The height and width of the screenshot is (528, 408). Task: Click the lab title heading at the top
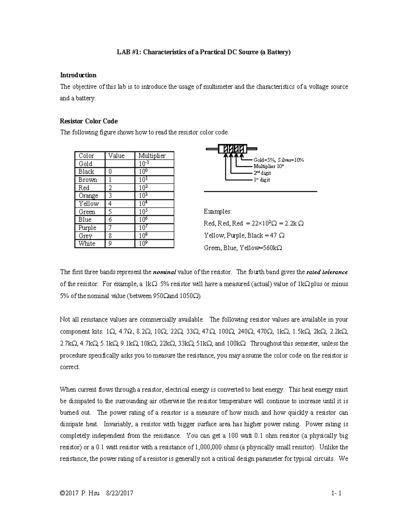[204, 52]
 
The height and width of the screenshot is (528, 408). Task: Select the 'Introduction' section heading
[78, 75]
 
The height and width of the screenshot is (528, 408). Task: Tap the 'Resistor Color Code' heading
[89, 121]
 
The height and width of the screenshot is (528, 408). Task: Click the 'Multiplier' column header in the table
[152, 156]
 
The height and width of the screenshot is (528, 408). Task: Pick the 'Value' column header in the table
[116, 156]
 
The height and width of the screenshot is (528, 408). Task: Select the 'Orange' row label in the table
[88, 196]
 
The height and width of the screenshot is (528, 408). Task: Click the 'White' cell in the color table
[87, 244]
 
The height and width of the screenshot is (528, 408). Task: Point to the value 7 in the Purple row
[110, 228]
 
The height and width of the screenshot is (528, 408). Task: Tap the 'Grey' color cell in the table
[85, 236]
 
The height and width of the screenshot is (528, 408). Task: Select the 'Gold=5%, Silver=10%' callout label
[278, 160]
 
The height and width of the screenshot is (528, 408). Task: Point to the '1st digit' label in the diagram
[261, 180]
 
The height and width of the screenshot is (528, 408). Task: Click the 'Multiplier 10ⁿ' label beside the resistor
[269, 167]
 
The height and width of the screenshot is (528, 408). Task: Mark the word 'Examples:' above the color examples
[218, 212]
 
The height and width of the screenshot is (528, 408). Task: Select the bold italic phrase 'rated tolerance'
[327, 272]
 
